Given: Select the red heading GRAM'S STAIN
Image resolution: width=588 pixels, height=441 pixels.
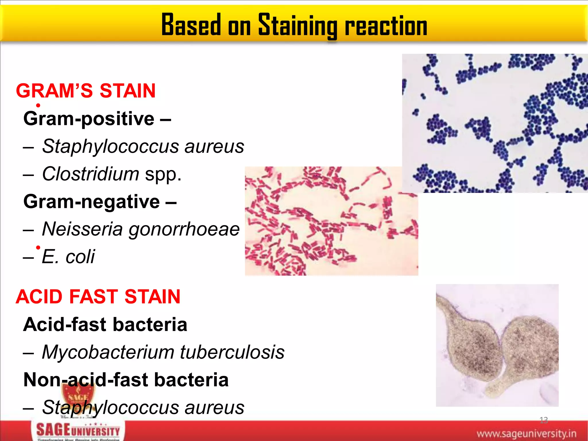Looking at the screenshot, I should click(x=86, y=91).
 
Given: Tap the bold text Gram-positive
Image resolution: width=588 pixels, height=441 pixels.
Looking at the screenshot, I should click(x=89, y=119).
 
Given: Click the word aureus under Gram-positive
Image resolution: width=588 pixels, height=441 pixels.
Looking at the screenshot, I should click(x=214, y=146).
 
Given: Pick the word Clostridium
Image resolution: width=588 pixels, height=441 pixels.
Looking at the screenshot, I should click(x=91, y=174).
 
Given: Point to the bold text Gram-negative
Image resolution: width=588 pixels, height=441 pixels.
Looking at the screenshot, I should click(x=92, y=201).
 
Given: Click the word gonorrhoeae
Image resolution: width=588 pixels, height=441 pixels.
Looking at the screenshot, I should click(x=184, y=229).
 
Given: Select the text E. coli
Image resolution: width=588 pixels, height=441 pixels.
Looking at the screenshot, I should click(x=68, y=256).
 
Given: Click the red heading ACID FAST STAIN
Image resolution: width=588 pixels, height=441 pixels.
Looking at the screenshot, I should click(x=98, y=296).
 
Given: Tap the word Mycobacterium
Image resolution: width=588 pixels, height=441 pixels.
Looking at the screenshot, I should click(x=108, y=352).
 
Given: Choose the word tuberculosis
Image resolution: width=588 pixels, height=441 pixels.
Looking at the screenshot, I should click(x=232, y=352).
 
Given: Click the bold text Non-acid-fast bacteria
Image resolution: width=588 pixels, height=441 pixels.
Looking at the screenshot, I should click(x=126, y=380).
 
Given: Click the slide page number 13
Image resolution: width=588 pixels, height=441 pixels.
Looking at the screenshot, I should click(x=543, y=420).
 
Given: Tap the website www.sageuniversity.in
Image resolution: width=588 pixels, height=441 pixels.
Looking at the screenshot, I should click(x=526, y=433).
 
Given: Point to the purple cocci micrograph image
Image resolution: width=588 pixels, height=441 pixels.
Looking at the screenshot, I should click(x=494, y=123).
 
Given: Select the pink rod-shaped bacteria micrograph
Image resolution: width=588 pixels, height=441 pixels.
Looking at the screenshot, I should click(x=331, y=221).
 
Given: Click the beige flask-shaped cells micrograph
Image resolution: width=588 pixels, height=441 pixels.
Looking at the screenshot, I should click(x=497, y=345).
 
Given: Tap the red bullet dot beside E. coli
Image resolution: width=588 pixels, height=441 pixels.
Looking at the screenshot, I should click(x=38, y=247).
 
